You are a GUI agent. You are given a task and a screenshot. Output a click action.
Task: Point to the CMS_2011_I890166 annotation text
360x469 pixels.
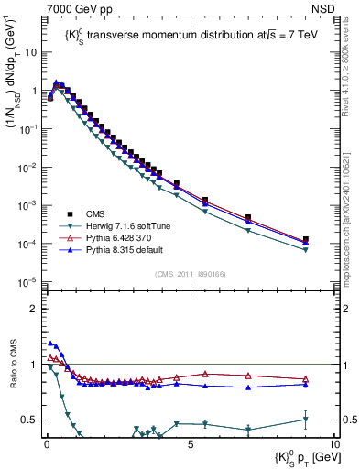(191, 273)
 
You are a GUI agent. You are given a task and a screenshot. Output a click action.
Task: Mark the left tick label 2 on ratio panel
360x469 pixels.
(35, 309)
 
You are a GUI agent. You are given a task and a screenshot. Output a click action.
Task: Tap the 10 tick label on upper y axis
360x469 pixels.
(30, 52)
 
